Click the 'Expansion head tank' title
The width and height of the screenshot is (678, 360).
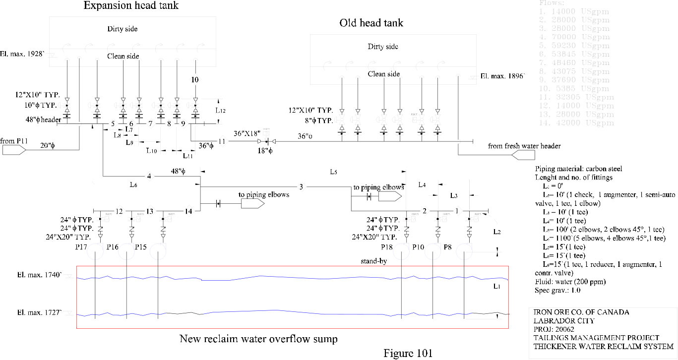[x=131, y=6]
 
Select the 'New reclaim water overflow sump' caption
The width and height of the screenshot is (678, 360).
[x=258, y=339]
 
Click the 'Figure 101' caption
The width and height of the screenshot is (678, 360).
[x=408, y=353]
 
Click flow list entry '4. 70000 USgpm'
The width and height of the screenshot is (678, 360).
[x=576, y=37]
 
